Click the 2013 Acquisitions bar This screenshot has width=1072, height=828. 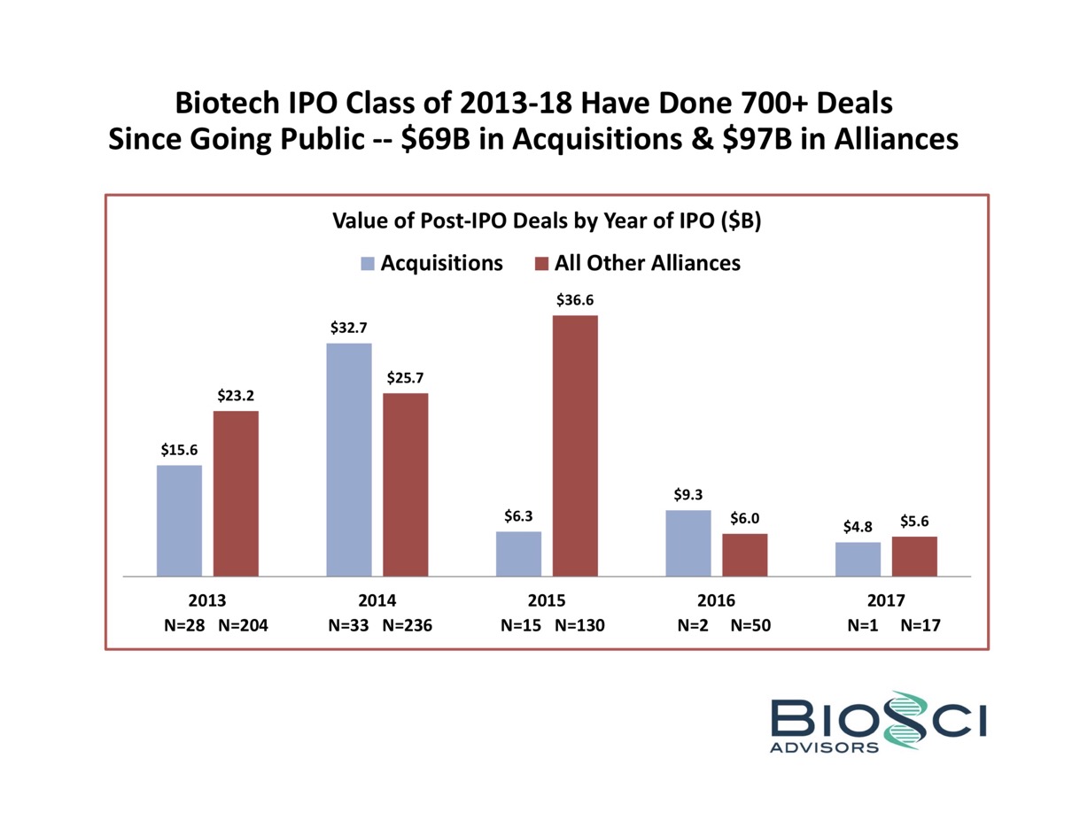click(179, 520)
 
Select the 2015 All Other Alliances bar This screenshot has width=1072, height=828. click(575, 445)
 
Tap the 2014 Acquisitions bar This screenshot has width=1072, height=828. click(349, 459)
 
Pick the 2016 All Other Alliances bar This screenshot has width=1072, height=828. click(744, 554)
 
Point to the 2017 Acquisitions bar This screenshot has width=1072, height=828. click(858, 559)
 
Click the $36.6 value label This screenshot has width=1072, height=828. click(575, 300)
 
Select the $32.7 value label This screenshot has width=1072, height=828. click(348, 328)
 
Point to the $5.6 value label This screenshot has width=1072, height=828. click(914, 521)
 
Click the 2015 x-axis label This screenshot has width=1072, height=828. click(547, 600)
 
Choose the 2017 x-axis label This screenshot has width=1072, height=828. click(886, 600)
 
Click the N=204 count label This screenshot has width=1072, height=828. click(242, 625)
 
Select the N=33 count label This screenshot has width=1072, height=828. click(347, 625)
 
